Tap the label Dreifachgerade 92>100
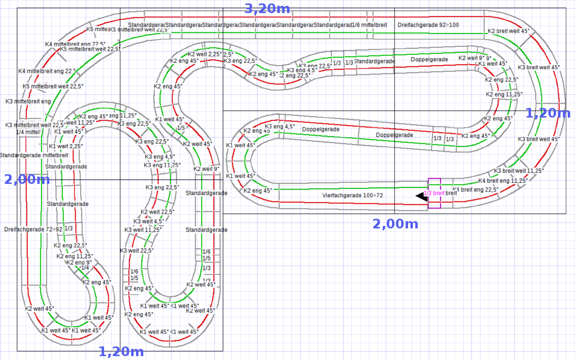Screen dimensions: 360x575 pos(428,25)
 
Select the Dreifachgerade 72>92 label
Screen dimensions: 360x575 pos(33,228)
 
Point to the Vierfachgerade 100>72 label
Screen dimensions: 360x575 pos(352,195)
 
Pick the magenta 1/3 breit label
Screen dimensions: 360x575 pos(434,193)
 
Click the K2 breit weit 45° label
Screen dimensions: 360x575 pos(508,31)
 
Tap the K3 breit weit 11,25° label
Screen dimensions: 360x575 pos(519,171)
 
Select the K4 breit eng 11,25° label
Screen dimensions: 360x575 pos(502,181)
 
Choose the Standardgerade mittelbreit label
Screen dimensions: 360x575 pos(33,155)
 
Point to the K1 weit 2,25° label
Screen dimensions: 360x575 pos(66,146)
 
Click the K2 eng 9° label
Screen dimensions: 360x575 pos(79,263)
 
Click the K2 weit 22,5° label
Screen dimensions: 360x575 pos(157,212)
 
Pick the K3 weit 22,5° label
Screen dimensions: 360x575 pos(136,251)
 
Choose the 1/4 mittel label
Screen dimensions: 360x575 pos(28,132)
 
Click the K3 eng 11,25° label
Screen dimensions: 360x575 pos(162,165)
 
